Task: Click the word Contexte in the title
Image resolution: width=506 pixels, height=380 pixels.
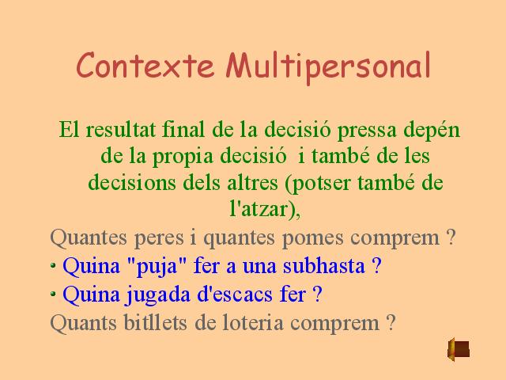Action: click(145, 65)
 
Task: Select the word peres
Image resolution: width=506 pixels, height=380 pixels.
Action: click(159, 239)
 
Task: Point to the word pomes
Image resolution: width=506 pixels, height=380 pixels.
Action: click(312, 238)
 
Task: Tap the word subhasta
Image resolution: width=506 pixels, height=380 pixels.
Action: click(324, 266)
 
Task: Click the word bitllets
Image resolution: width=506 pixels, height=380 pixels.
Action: click(155, 322)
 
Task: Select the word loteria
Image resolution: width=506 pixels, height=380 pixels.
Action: click(255, 322)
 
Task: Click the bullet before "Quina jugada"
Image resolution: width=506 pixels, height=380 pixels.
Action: click(53, 294)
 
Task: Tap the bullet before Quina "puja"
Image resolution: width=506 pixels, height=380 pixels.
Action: click(53, 266)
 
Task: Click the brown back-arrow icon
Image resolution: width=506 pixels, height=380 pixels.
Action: click(459, 349)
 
